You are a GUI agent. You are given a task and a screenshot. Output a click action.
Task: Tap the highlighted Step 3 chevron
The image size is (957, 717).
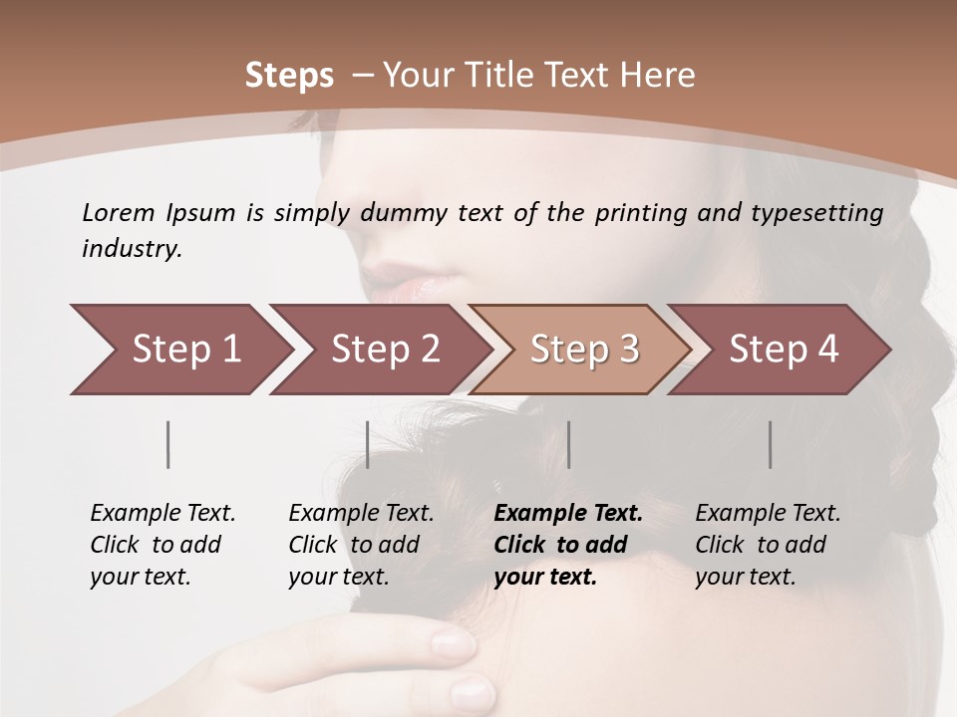[584, 350]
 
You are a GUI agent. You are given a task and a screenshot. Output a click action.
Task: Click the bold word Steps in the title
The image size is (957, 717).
[289, 76]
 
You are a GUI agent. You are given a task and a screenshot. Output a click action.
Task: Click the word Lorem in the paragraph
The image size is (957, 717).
[118, 213]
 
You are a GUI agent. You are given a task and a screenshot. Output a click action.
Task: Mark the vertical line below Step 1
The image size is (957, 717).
[168, 444]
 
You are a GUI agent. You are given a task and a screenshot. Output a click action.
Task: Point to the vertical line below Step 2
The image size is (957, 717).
[368, 444]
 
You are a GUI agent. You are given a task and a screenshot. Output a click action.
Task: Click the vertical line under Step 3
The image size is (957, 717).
[568, 444]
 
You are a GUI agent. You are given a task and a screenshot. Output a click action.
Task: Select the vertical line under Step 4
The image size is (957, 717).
[770, 444]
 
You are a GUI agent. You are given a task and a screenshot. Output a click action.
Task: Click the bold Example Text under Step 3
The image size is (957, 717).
[568, 514]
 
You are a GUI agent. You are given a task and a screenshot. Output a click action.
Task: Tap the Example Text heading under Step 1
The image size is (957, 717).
[162, 514]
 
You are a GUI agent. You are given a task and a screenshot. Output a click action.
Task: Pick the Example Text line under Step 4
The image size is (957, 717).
[768, 514]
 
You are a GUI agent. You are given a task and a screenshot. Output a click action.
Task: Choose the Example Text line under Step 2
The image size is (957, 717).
[361, 514]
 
